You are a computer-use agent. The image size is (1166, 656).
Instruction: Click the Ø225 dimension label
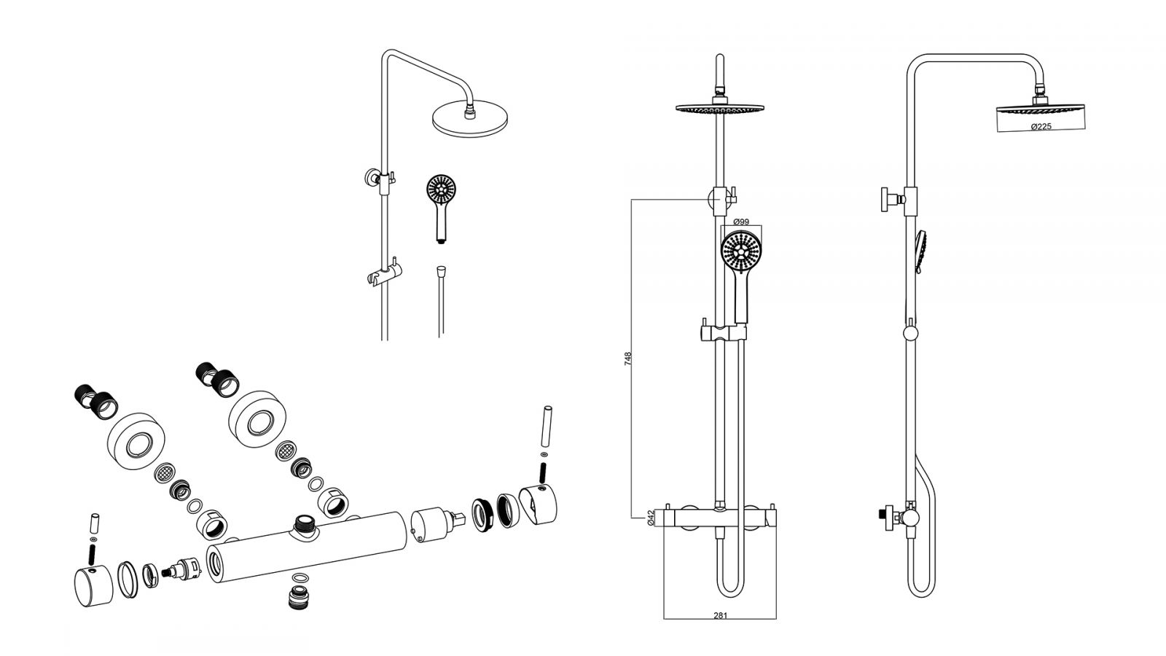[x=1041, y=126]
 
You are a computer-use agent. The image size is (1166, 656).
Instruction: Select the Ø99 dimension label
[x=740, y=222]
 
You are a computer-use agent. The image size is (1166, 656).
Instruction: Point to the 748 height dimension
[x=627, y=359]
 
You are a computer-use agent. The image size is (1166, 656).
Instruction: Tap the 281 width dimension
[x=720, y=615]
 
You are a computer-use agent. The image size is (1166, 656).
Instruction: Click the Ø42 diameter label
[x=650, y=518]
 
